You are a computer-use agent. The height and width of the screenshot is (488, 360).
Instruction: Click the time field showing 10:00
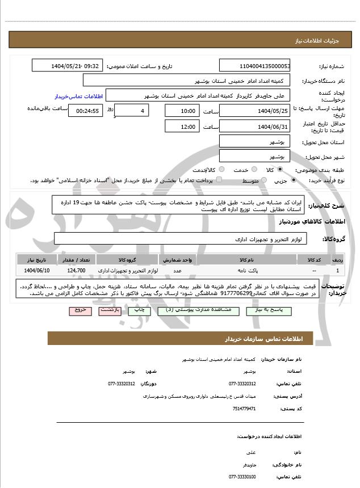pyautogui.click(x=182, y=111)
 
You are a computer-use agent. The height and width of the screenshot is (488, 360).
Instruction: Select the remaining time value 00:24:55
pyautogui.click(x=85, y=111)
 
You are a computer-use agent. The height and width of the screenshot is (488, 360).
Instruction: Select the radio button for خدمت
pyautogui.click(x=254, y=170)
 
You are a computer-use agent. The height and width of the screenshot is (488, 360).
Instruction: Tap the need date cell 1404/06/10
pyautogui.click(x=37, y=271)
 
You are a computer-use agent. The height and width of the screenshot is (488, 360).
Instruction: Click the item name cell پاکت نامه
pyautogui.click(x=249, y=271)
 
